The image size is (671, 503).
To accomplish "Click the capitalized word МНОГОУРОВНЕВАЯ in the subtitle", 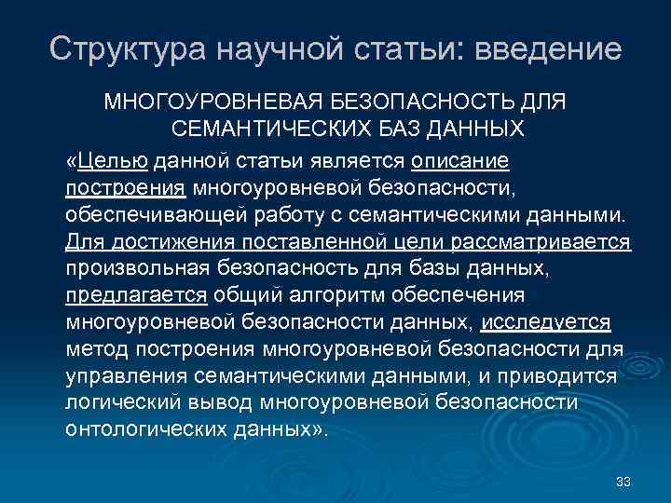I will [x=221, y=100].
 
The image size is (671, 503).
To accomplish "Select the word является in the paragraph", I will [x=359, y=162].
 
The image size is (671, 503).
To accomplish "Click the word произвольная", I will [x=143, y=270].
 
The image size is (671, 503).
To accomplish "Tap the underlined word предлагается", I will [x=136, y=297].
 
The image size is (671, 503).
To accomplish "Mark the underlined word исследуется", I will [x=548, y=323].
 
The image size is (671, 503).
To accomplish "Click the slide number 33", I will [x=623, y=482].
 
